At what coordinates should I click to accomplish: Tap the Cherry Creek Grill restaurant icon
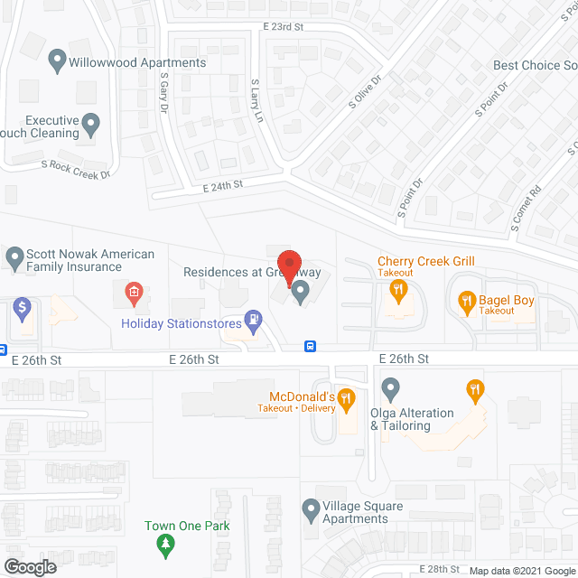[x=396, y=290]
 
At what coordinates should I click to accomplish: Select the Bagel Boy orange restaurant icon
[x=467, y=301]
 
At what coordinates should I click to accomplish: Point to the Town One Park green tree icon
[x=164, y=544]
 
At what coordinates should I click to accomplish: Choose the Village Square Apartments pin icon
[x=311, y=510]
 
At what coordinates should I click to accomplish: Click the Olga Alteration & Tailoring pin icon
[x=390, y=388]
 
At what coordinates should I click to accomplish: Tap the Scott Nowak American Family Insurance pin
[x=14, y=259]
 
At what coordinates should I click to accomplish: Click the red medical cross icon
[x=134, y=291]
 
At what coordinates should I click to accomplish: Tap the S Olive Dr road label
[x=366, y=92]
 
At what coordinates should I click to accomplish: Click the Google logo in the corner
[x=29, y=566]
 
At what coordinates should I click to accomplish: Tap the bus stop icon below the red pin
[x=311, y=345]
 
